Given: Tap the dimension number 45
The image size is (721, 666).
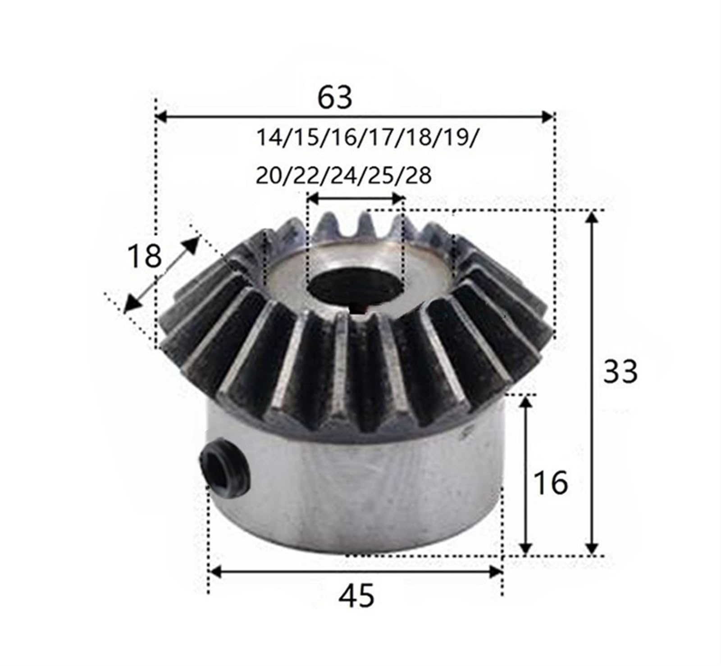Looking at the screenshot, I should [x=356, y=596].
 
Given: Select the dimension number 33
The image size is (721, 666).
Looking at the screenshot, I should [x=621, y=372].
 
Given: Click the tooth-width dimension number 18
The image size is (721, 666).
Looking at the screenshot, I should [x=144, y=256].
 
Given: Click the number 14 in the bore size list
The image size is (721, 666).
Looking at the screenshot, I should [x=269, y=137].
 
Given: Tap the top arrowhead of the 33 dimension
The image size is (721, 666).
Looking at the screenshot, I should [x=593, y=217].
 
